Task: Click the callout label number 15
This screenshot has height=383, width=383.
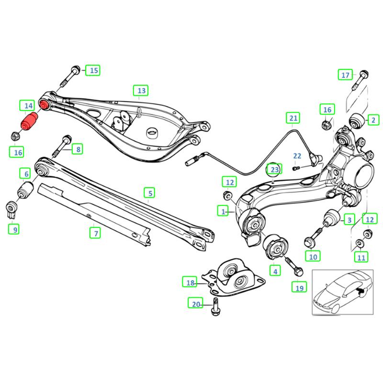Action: pos(94,71)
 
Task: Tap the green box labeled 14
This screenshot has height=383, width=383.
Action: pos(26,105)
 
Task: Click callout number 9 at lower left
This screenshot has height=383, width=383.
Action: pos(15,230)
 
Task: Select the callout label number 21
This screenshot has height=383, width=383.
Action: pos(293,117)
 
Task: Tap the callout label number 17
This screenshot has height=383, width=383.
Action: pos(346,75)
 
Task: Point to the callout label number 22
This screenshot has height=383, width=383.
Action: pos(297,156)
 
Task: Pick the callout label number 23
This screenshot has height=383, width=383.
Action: pos(273,169)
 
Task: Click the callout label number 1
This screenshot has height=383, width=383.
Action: pos(223,210)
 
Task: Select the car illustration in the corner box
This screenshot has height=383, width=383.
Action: pos(342,292)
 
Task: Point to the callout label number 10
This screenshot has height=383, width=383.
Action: pos(313,256)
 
